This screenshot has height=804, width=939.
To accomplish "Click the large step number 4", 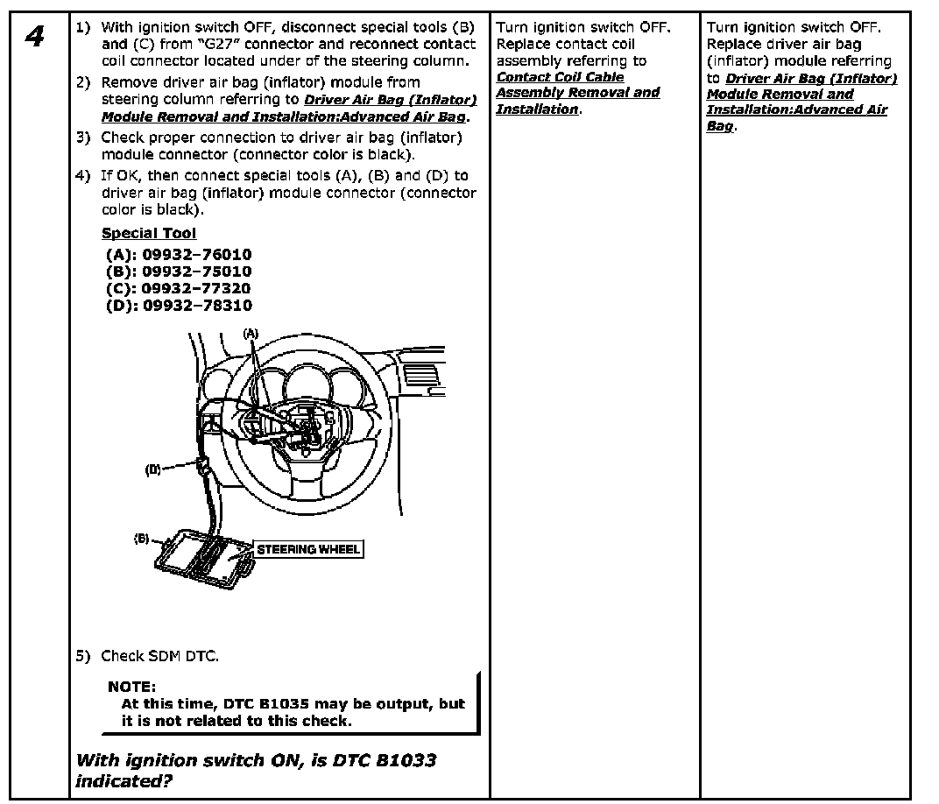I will (x=35, y=37).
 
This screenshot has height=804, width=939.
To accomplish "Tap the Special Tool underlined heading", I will (x=149, y=233).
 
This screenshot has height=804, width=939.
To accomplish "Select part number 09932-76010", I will (x=196, y=254).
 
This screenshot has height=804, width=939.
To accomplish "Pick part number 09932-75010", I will (x=196, y=272).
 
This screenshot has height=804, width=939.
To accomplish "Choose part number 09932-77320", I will (x=196, y=288).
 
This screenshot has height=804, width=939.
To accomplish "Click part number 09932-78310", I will (x=196, y=306).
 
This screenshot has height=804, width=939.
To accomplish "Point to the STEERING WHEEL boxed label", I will (x=307, y=549).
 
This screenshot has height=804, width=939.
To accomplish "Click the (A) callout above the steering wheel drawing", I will (x=251, y=334).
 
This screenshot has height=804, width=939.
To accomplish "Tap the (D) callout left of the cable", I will (x=153, y=469).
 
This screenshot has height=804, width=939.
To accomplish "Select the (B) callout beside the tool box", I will (x=142, y=538).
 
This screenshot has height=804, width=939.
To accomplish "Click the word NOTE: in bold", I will (x=131, y=687).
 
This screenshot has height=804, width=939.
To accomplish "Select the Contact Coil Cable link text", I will (x=561, y=77).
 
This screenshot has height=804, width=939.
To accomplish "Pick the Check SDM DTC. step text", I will (x=159, y=656).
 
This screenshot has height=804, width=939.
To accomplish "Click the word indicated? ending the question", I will (x=124, y=780).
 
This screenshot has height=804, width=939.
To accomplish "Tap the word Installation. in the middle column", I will (x=537, y=109).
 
